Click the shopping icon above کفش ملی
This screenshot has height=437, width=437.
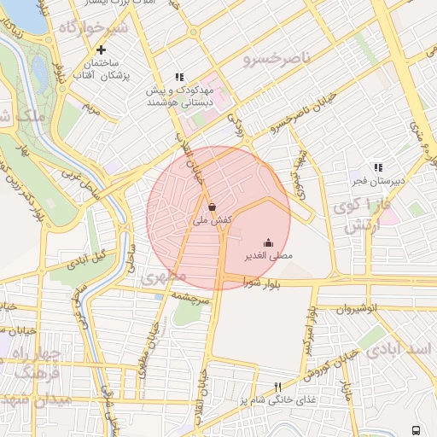pyautogui.click(x=212, y=206)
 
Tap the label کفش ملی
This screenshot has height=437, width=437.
pyautogui.click(x=212, y=220)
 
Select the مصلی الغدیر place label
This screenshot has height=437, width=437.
pyautogui.click(x=269, y=255)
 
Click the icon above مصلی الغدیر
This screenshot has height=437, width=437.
pyautogui.click(x=268, y=242)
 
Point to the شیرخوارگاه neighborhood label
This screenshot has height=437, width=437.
pyautogui.click(x=93, y=27)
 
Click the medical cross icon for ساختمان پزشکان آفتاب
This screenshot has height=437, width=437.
pyautogui.click(x=102, y=50)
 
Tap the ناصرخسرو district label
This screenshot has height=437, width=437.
pyautogui.click(x=272, y=60)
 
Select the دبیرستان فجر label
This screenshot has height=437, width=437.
pyautogui.click(x=378, y=181)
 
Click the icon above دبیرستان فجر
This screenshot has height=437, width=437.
pyautogui.click(x=378, y=167)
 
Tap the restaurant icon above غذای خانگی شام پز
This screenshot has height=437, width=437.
pyautogui.click(x=277, y=387)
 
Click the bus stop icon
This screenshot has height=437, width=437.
pyautogui.click(x=416, y=429)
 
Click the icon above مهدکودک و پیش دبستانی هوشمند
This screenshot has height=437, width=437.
pyautogui.click(x=179, y=77)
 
